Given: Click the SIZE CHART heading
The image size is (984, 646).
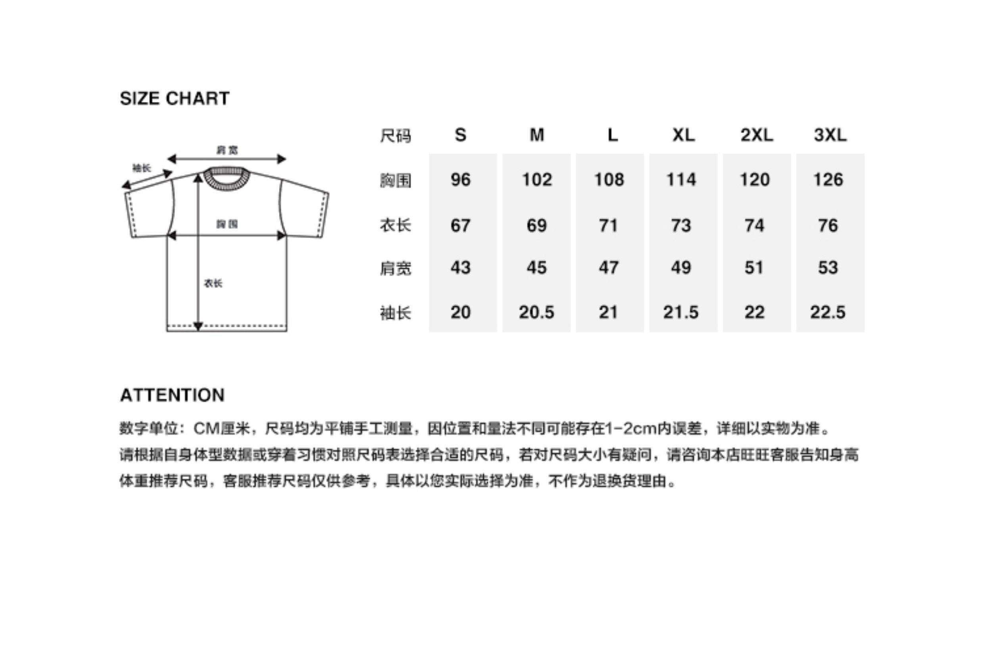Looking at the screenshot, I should [175, 98].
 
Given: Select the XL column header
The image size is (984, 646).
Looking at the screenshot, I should [683, 135].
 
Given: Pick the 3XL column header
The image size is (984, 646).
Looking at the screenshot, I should [830, 135].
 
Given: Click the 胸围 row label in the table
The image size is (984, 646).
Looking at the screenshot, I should [395, 180].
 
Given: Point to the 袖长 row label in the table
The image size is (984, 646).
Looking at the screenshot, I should [395, 313].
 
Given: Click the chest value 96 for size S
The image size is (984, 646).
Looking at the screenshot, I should [460, 179].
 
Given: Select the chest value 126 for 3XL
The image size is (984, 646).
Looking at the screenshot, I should [828, 179].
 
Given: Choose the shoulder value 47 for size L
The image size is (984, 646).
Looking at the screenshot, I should [609, 267].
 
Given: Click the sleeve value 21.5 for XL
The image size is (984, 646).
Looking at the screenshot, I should [681, 312].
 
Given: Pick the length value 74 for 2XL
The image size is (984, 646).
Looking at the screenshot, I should [755, 225].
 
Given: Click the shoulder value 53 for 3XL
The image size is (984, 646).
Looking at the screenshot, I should [828, 267].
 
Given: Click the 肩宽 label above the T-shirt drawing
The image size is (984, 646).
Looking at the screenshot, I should [227, 150].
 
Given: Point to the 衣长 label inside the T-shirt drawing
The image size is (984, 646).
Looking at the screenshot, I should [213, 283].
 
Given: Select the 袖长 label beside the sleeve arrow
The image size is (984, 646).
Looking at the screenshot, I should [141, 168].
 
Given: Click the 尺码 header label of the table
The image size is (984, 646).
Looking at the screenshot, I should [395, 136].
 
